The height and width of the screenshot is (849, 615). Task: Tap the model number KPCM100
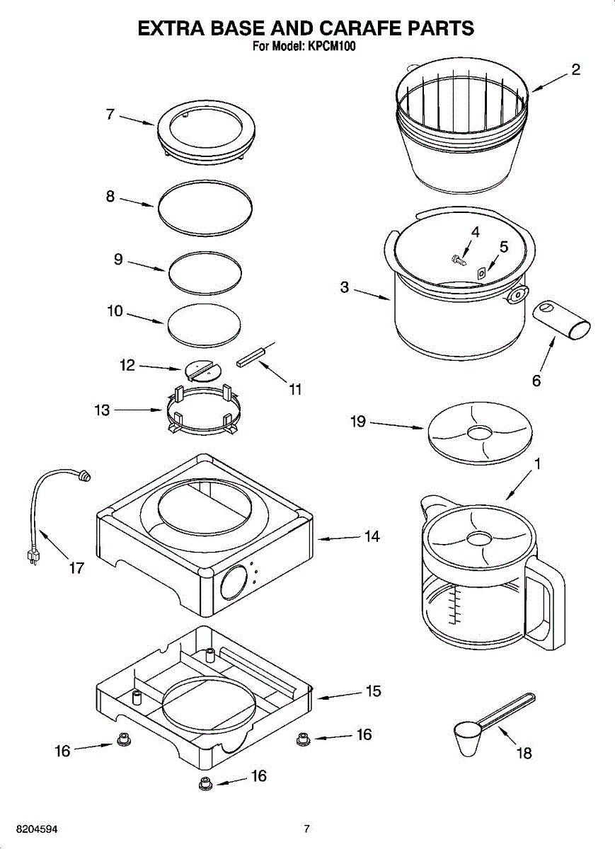click(332, 47)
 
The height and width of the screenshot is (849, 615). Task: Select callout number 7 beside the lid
click(110, 114)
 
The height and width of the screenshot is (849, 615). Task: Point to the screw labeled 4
click(458, 258)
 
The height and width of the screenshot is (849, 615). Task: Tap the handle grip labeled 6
click(561, 319)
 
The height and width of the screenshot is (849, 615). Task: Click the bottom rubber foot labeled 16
click(205, 782)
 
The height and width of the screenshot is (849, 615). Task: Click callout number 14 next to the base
click(372, 536)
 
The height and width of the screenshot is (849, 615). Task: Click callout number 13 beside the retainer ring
click(103, 410)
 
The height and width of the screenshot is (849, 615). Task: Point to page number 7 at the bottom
click(306, 828)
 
